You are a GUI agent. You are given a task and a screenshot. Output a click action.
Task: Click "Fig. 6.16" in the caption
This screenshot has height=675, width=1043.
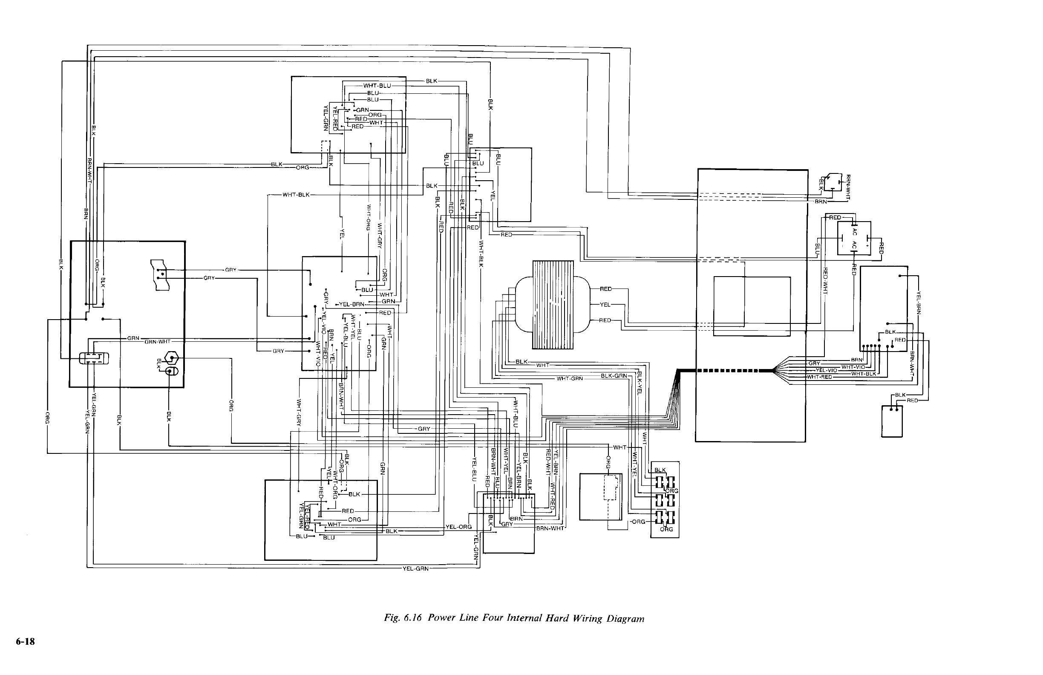point(402,618)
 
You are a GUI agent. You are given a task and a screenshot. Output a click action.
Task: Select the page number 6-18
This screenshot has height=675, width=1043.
point(26,642)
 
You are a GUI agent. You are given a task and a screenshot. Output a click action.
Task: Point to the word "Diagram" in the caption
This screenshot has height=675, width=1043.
point(625,618)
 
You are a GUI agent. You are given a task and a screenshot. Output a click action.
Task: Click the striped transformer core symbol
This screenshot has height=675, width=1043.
point(553,305)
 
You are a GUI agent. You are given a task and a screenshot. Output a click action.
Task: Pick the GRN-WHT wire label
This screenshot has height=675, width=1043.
point(157,341)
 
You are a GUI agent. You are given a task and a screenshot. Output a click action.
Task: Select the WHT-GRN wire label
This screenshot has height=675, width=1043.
point(570,379)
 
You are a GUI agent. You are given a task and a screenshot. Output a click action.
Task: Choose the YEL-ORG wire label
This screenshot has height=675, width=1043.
point(458,527)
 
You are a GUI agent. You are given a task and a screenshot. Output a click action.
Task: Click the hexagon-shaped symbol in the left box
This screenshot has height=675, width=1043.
point(171,358)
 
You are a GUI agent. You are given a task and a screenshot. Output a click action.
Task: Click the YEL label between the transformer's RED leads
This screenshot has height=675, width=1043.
point(605,304)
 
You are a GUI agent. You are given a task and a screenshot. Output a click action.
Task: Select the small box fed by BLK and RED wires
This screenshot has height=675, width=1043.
point(892,421)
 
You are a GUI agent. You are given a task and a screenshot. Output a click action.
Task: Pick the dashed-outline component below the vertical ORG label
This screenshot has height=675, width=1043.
point(612,487)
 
